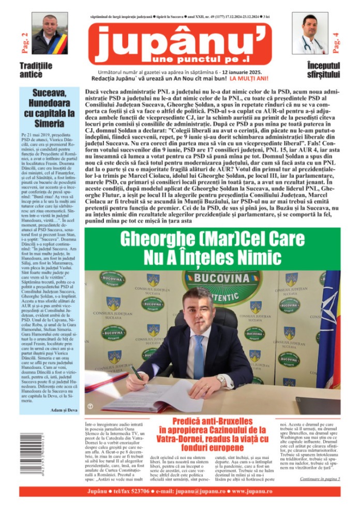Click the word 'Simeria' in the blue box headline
tap(49, 124)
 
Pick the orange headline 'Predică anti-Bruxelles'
tap(212, 421)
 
